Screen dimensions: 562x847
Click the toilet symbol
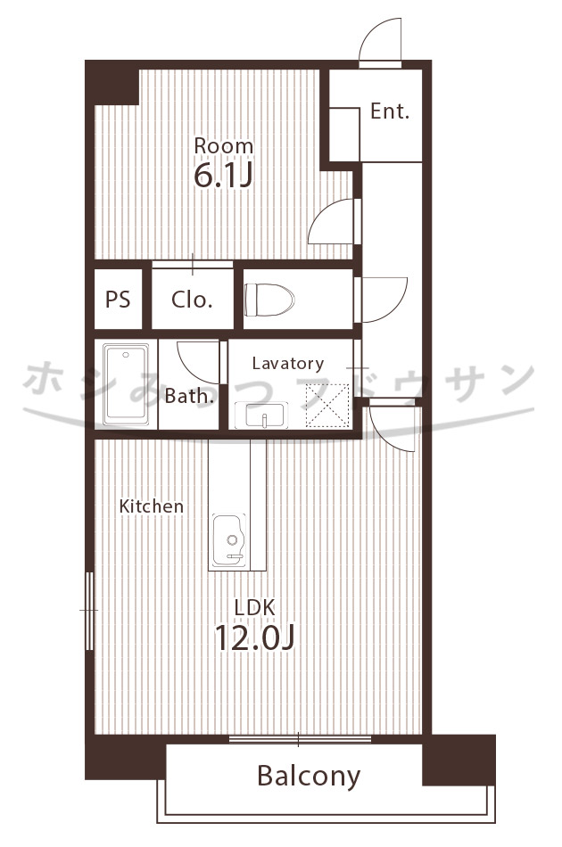click(269, 300)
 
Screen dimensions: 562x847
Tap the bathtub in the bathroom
click(126, 384)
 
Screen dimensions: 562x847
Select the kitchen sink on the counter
click(229, 540)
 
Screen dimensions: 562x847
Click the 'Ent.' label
click(390, 111)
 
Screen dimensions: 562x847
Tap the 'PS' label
click(118, 299)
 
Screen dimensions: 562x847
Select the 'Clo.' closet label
click(191, 300)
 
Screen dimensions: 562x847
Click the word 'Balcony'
click(309, 777)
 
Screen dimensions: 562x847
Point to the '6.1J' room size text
click(223, 175)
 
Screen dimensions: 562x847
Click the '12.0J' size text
click(254, 637)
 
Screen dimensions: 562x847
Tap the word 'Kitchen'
click(152, 506)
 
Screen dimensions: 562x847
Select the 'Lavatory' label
click(288, 364)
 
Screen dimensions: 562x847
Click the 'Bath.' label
click(189, 396)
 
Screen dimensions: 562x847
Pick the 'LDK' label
click(254, 608)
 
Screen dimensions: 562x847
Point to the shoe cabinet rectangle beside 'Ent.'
click(344, 135)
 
